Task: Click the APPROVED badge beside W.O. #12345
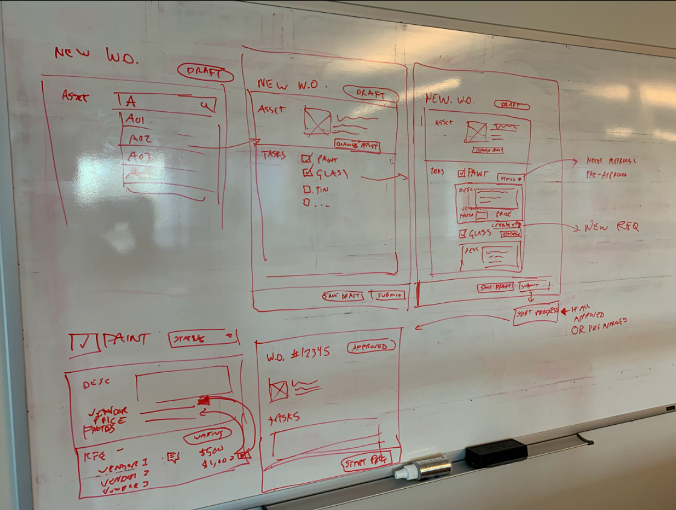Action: (x=371, y=346)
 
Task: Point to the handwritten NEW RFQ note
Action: (x=611, y=228)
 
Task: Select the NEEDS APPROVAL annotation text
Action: (x=611, y=161)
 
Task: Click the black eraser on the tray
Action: (x=496, y=453)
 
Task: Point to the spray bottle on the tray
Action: (x=423, y=469)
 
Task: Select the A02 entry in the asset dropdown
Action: (x=140, y=139)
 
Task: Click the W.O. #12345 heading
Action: (x=298, y=355)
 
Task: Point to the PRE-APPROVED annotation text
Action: (x=606, y=175)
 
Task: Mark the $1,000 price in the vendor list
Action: (x=216, y=463)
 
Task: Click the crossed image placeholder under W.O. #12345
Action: (x=278, y=390)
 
